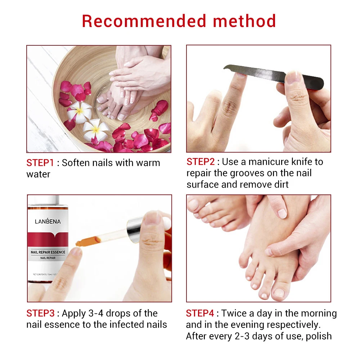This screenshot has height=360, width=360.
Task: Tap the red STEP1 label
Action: [40, 163]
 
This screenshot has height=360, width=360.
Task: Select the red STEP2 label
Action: [200, 162]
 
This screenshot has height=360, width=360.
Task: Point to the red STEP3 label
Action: [40, 313]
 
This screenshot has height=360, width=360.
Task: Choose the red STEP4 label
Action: [200, 313]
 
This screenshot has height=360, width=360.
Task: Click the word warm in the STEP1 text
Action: [148, 163]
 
